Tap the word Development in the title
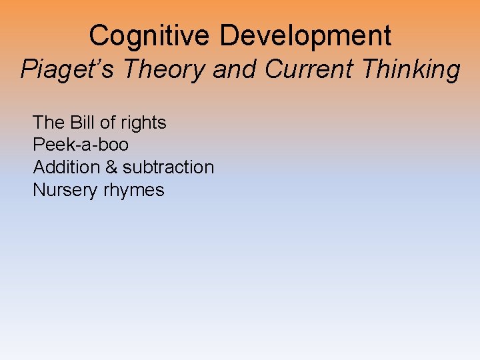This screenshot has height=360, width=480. coord(305,35)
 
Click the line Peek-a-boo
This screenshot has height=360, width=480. coord(81,145)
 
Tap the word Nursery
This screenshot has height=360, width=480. coord(65,190)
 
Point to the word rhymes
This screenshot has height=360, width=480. coord(133,191)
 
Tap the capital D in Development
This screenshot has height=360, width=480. coord(230,35)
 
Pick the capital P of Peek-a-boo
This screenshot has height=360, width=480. coord(38,145)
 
